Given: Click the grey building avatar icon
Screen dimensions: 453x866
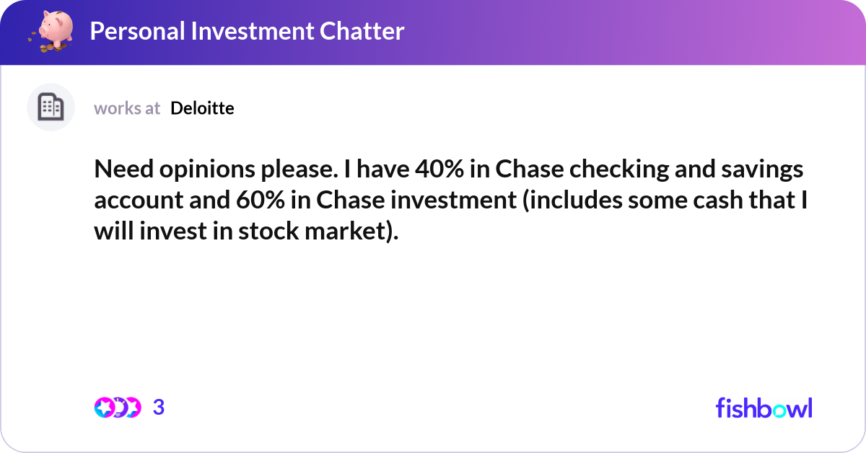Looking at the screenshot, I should coord(51,107).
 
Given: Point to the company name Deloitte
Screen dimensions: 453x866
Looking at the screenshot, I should coord(202,108).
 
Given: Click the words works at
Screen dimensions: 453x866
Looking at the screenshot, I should coord(127,108).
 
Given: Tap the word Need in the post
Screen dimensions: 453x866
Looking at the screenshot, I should coord(118,171).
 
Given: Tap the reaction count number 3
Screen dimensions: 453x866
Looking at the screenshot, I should coord(159,408).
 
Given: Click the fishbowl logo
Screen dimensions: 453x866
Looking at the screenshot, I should coord(764,408).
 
